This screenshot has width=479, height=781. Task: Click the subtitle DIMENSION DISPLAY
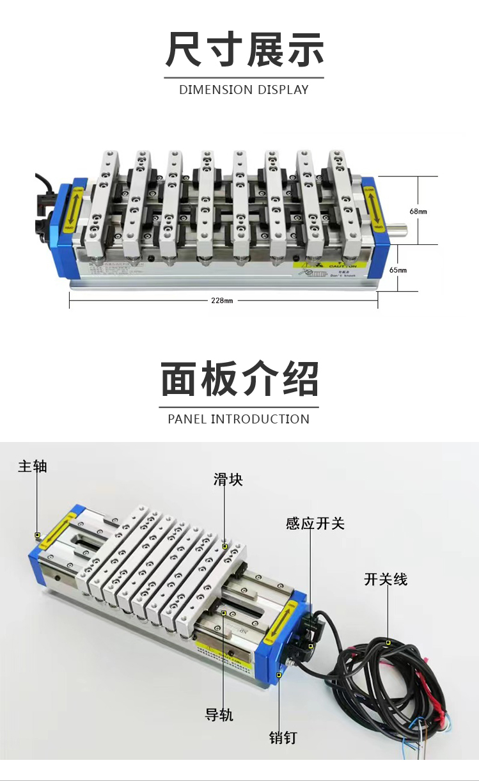click(244, 90)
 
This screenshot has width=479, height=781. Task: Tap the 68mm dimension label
click(418, 211)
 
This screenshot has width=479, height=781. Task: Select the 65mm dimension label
click(398, 270)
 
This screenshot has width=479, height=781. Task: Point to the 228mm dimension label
click(221, 301)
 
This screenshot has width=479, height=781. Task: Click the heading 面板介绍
click(239, 380)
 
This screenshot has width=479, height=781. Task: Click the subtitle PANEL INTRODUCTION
click(239, 420)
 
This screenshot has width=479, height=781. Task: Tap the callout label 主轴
click(33, 466)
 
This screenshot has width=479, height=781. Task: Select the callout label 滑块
click(228, 480)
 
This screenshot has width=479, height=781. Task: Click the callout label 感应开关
click(315, 524)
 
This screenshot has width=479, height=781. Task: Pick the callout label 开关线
click(386, 580)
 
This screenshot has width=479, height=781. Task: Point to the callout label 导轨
click(219, 714)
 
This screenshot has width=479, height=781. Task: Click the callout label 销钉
click(283, 738)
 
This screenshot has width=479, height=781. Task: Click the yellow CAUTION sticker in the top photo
click(333, 265)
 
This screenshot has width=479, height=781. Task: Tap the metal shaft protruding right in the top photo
click(398, 227)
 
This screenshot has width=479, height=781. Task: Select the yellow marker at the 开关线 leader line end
click(388, 642)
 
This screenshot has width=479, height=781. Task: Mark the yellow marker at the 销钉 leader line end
click(279, 675)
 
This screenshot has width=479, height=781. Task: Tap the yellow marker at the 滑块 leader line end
click(225, 547)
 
